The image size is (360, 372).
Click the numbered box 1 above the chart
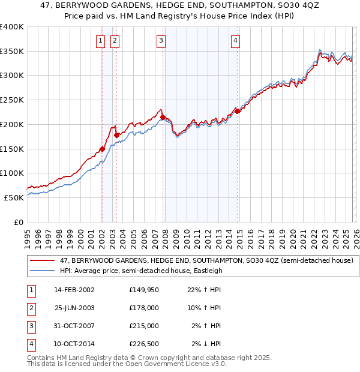tap(100, 41)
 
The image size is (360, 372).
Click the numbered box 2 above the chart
tap(114, 41)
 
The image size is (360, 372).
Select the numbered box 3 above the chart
tap(161, 41)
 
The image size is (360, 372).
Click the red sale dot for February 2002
tap(102, 149)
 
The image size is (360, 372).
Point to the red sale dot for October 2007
tap(163, 118)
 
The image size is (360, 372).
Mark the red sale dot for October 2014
tap(238, 111)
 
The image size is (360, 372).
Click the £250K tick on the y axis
tap(12, 100)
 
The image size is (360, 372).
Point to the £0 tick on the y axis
tap(18, 222)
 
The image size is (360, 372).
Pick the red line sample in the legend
tap(42, 260)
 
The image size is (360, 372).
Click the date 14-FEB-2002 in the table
tap(74, 290)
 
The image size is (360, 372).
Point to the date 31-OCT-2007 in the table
tap(74, 326)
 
